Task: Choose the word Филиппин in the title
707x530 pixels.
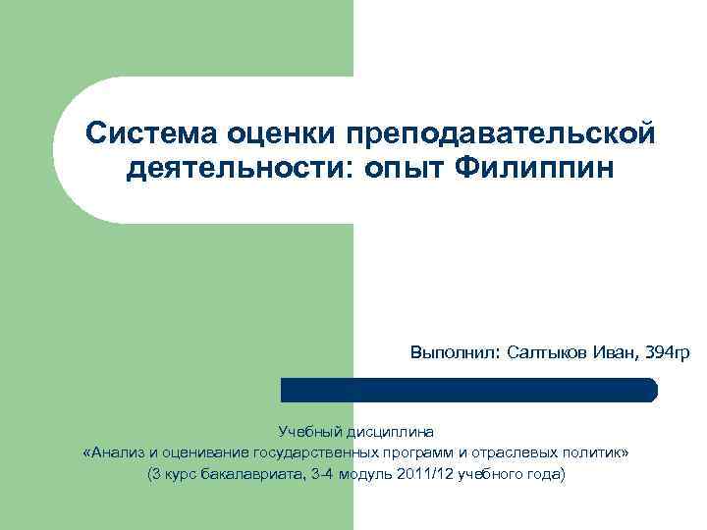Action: click(536, 170)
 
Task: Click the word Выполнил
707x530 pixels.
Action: click(455, 351)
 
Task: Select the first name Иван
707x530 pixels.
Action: click(618, 351)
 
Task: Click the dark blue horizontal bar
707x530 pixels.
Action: click(469, 390)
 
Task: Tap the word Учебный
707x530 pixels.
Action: click(307, 431)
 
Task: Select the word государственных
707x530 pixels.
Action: click(314, 452)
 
